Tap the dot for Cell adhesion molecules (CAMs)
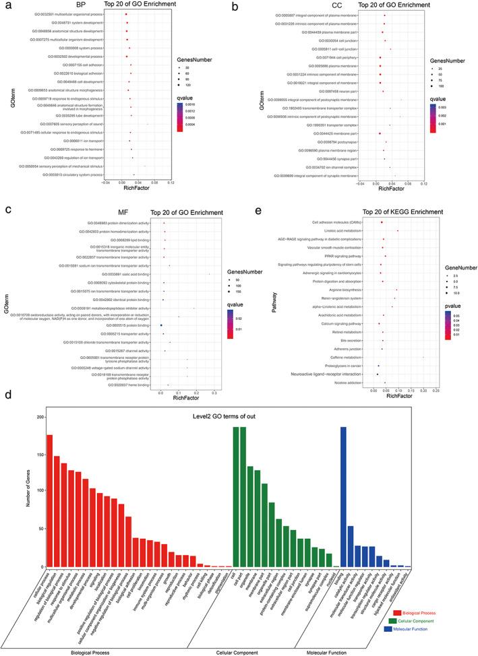coord(382,222)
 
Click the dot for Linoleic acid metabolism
coord(398,230)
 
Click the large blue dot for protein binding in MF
coord(161,325)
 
